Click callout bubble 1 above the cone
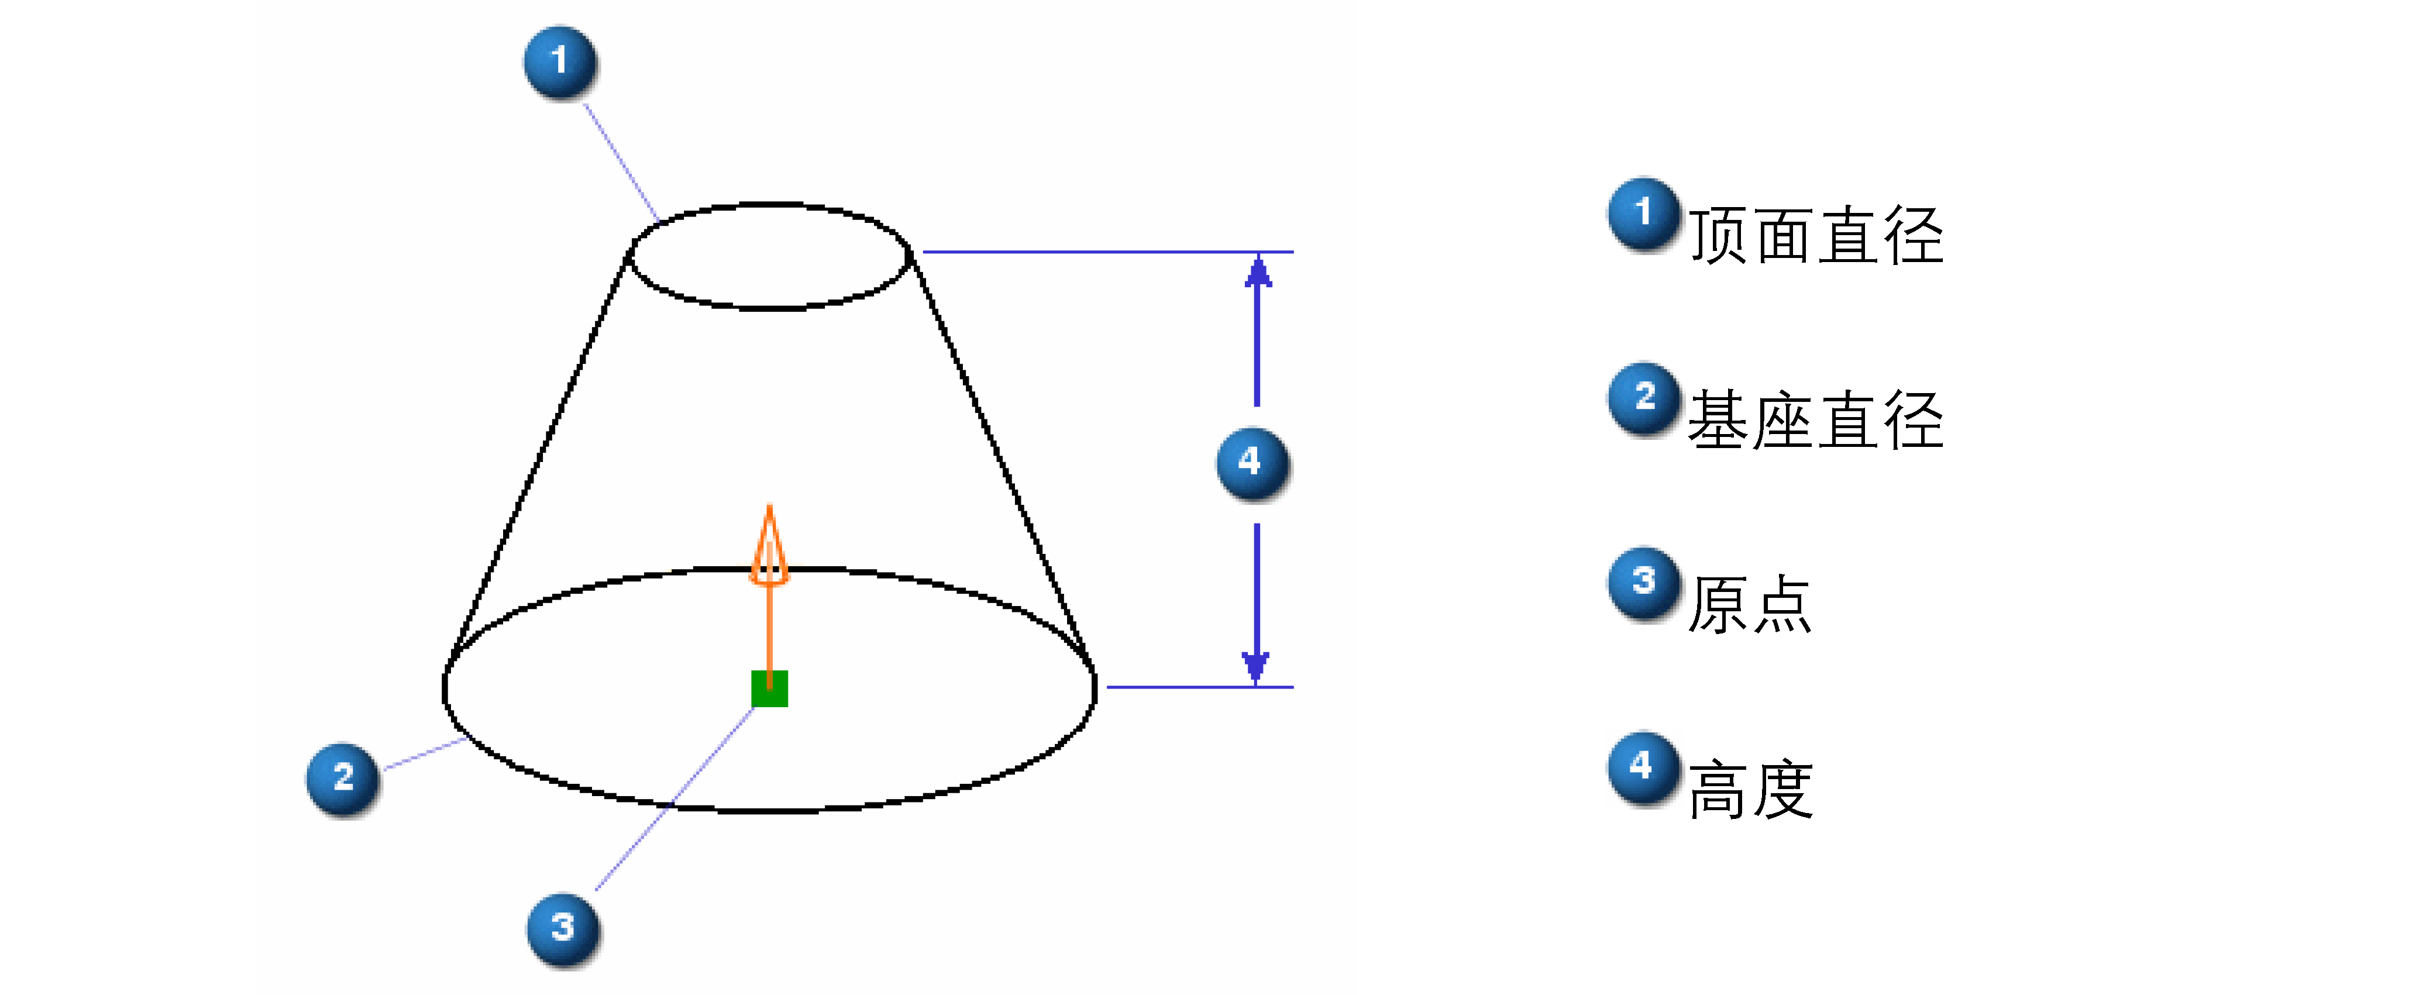560,63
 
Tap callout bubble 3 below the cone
563,929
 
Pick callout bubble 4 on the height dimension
1253,463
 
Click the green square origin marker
770,688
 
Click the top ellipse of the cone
630,256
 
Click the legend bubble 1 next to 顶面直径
1644,214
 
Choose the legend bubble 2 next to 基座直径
1644,398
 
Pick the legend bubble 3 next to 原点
1644,583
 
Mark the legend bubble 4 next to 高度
1644,767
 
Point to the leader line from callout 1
621,163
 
